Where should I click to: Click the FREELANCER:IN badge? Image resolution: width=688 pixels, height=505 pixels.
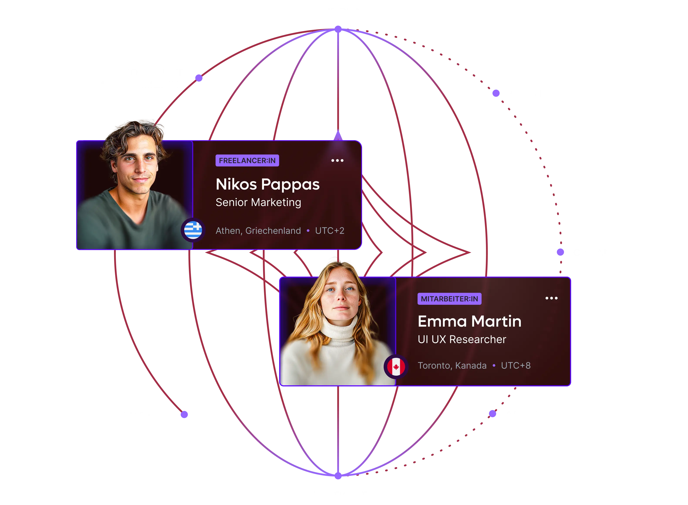point(247,160)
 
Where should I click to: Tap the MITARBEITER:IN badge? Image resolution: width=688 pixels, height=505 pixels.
point(449,299)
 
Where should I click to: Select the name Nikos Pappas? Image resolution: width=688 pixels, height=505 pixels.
point(268,185)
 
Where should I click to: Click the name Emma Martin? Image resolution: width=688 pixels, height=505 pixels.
point(469,321)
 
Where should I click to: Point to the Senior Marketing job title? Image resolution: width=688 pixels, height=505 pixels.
point(258,202)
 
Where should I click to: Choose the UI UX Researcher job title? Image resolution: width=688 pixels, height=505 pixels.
point(462,339)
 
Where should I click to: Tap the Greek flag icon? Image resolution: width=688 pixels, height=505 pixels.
point(193,230)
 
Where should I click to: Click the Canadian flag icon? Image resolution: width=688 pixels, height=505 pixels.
point(396,367)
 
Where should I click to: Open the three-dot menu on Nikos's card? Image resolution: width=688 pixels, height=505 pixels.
point(337,160)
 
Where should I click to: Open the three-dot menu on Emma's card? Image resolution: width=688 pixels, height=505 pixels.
point(551,298)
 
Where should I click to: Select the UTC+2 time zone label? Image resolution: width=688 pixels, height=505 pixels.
point(330,231)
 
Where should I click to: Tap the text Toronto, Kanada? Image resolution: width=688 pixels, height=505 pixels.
point(452,366)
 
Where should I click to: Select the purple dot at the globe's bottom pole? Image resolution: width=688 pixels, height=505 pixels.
point(338,476)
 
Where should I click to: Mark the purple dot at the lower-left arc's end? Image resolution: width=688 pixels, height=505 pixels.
point(184,414)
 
